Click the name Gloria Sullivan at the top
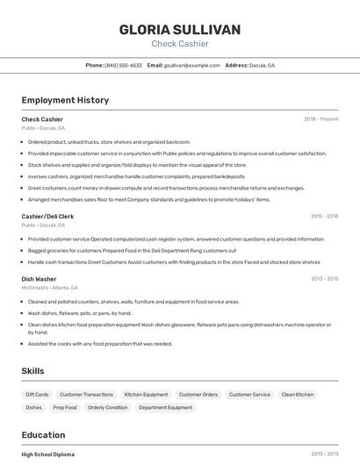[180, 29]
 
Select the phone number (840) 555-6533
[123, 65]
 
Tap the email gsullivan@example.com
[191, 65]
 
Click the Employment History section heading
[65, 100]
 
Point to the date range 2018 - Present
[321, 118]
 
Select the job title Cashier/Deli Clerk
[47, 216]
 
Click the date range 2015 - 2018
[324, 216]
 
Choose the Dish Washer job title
[40, 279]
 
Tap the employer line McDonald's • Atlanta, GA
[49, 288]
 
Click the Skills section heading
[32, 371]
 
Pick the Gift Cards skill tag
[37, 395]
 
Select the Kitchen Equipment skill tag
[146, 395]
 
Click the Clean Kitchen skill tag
[298, 395]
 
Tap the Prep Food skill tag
[65, 407]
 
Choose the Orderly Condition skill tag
[108, 407]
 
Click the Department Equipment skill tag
[165, 407]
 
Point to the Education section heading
[43, 435]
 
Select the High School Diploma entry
[47, 454]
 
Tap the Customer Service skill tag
[249, 395]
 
